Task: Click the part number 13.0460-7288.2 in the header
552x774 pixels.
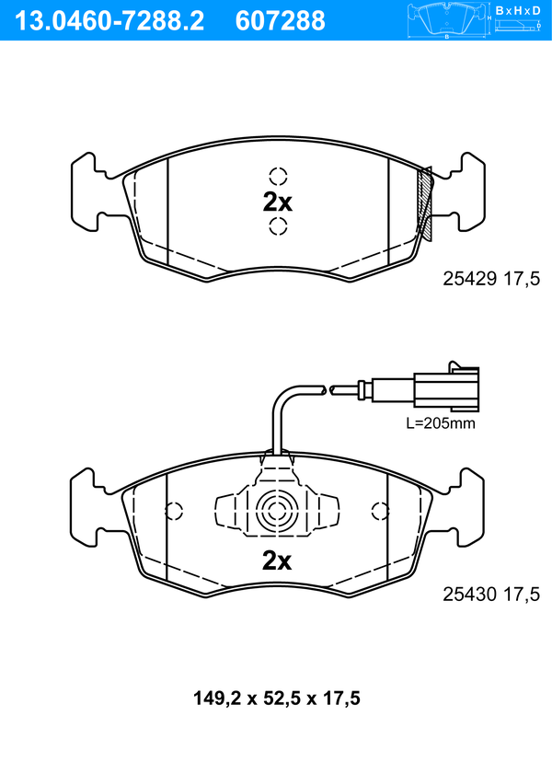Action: click(109, 21)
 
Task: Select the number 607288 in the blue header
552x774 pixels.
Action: click(281, 21)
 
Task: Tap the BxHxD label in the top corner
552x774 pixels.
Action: click(518, 10)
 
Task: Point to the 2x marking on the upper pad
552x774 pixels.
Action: click(277, 202)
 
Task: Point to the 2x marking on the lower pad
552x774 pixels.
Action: click(277, 560)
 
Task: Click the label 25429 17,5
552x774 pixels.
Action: click(491, 280)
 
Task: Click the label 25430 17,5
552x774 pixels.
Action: click(491, 595)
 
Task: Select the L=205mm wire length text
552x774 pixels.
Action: click(441, 423)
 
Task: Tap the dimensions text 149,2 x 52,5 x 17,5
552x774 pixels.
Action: click(277, 699)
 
